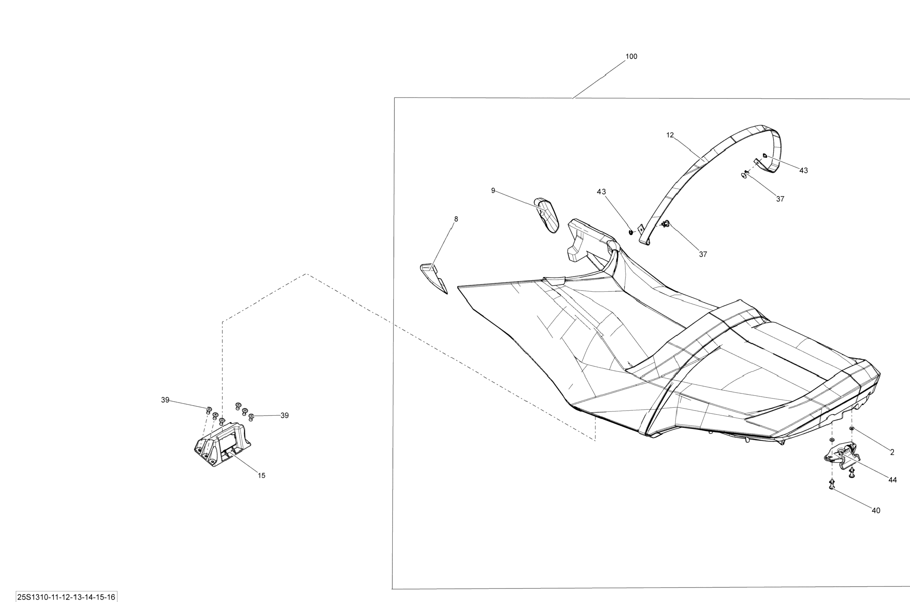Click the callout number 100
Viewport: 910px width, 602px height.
[631, 57]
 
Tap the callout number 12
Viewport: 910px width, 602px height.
[670, 135]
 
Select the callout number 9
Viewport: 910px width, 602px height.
[493, 190]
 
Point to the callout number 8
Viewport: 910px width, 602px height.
[456, 219]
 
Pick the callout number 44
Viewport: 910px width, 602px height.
[892, 480]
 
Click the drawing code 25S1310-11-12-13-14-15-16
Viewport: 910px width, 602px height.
[66, 597]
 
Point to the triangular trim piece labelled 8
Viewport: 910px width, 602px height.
[433, 276]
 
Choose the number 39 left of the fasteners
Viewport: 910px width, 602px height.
[165, 400]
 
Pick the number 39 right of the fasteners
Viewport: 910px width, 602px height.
[285, 415]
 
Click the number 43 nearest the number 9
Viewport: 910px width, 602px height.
[601, 192]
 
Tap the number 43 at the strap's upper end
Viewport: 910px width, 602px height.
[803, 171]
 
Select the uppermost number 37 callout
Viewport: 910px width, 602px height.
[780, 199]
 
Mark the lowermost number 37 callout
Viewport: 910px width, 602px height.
[703, 254]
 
